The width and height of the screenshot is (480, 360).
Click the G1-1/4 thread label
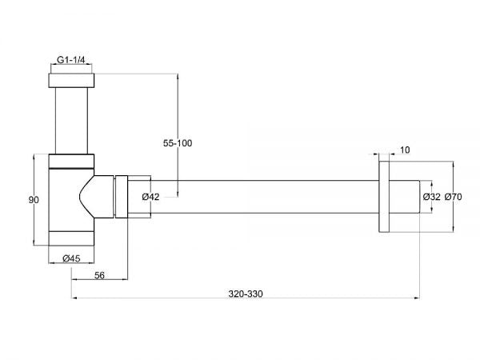click(x=72, y=59)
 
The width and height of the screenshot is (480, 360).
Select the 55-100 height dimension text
click(x=178, y=143)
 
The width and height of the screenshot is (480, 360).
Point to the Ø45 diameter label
click(x=72, y=258)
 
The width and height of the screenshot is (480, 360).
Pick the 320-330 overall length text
click(x=244, y=294)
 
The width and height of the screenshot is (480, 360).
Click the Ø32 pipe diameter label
click(x=431, y=197)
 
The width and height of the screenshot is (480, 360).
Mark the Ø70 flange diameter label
click(x=454, y=197)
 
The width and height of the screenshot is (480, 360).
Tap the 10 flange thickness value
click(x=404, y=150)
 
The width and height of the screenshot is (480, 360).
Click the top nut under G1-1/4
click(x=72, y=81)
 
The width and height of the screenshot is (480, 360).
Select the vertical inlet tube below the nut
click(x=72, y=120)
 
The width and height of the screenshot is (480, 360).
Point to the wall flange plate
click(x=384, y=197)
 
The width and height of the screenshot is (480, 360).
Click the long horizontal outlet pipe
click(x=264, y=197)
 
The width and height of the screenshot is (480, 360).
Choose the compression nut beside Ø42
click(x=121, y=197)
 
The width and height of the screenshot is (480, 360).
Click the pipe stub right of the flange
click(x=406, y=197)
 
